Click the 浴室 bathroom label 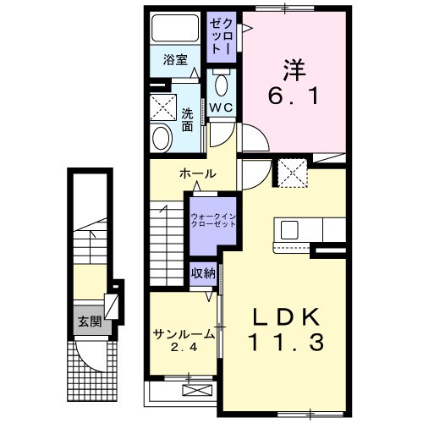click(x=175, y=60)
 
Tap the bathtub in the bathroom click(x=175, y=28)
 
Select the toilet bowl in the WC click(x=222, y=84)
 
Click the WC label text click(x=222, y=107)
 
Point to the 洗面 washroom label click(x=187, y=120)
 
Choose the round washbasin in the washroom click(x=162, y=138)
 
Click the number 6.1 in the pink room click(x=294, y=96)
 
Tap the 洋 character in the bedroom click(x=294, y=69)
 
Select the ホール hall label click(x=197, y=173)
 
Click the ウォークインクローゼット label click(x=213, y=220)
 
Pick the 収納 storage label click(x=203, y=273)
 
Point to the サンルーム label click(x=184, y=335)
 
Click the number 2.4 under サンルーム click(x=184, y=348)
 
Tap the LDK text click(x=286, y=317)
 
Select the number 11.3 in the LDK click(x=286, y=342)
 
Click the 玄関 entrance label click(x=90, y=321)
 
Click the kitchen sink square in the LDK click(x=289, y=230)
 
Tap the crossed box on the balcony click(x=197, y=390)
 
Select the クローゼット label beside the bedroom click(x=222, y=36)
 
